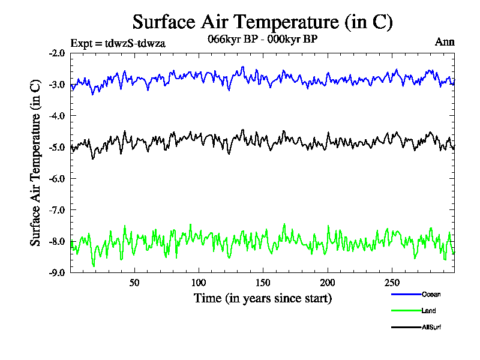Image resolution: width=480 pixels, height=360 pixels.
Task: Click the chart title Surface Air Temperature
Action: (262, 22)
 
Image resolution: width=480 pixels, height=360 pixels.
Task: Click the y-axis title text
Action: (35, 163)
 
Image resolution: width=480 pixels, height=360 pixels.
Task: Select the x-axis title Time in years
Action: (262, 298)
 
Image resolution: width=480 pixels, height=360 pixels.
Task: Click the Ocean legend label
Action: (431, 294)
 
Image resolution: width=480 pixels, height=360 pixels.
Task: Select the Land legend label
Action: (429, 311)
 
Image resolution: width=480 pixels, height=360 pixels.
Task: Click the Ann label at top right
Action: (444, 42)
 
